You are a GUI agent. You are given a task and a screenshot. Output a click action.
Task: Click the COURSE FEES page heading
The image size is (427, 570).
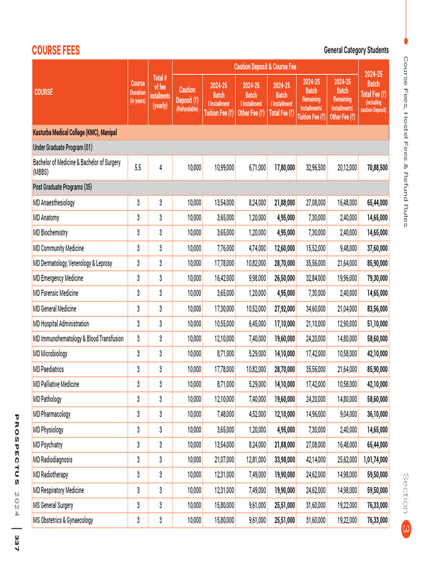(x=56, y=51)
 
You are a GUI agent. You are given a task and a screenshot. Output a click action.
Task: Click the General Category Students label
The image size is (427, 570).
(x=356, y=51)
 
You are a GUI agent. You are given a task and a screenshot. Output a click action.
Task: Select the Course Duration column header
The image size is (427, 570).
(x=137, y=92)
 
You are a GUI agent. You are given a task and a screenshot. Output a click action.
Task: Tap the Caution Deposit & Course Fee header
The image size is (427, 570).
(x=265, y=67)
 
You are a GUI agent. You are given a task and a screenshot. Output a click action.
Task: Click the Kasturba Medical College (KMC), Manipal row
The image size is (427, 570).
(x=75, y=132)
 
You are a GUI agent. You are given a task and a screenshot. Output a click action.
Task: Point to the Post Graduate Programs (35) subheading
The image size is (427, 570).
(x=62, y=186)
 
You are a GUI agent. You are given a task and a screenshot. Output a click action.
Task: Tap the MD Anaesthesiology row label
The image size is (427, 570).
(x=54, y=203)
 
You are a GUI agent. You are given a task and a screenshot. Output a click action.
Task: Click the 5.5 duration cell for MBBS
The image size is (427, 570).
(x=137, y=166)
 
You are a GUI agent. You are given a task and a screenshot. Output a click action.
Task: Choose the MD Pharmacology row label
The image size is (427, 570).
(x=52, y=414)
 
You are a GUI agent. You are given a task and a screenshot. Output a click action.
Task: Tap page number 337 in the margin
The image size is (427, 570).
(x=17, y=543)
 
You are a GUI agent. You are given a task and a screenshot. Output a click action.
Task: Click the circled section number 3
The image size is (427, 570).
(x=406, y=528)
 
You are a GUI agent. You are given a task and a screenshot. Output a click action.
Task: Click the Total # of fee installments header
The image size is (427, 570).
(x=160, y=92)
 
